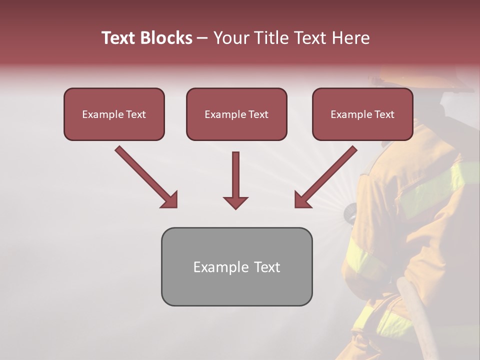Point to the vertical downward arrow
tap(235, 180)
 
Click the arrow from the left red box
tap(146, 177)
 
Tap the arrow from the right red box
tap(325, 177)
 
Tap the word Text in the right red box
tap(384, 114)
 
